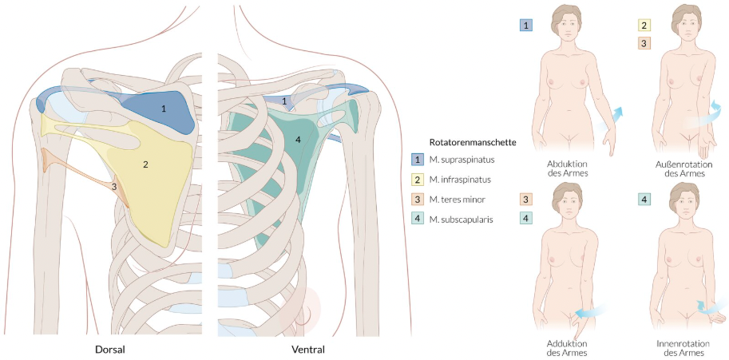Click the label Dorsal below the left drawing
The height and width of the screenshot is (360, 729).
click(x=109, y=350)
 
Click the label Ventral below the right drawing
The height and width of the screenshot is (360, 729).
click(x=308, y=350)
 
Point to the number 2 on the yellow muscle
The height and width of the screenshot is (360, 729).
click(x=145, y=164)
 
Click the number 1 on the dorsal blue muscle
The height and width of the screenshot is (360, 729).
click(x=164, y=107)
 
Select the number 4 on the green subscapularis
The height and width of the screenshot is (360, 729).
click(x=298, y=140)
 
